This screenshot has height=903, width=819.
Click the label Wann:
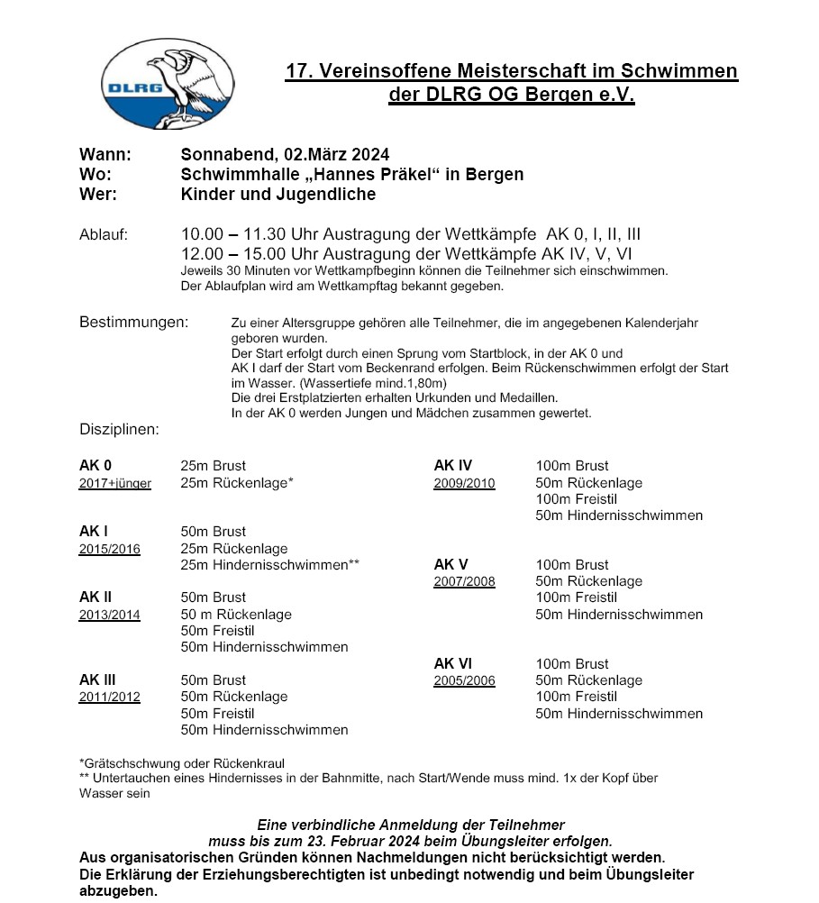(x=105, y=154)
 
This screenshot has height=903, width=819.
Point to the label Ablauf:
(x=104, y=235)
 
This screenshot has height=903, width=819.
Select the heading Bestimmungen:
(x=134, y=322)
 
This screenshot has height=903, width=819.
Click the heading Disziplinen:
(x=119, y=430)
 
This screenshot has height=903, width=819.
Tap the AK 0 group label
(x=96, y=466)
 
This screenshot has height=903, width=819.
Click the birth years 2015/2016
(x=110, y=549)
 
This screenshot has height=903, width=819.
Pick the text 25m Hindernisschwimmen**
(x=270, y=565)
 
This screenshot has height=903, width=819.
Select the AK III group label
(x=97, y=680)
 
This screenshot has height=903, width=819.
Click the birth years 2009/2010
(x=464, y=483)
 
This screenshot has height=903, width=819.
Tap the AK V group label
(x=451, y=565)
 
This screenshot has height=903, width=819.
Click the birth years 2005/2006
(x=464, y=680)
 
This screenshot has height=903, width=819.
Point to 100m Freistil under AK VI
(x=577, y=697)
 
